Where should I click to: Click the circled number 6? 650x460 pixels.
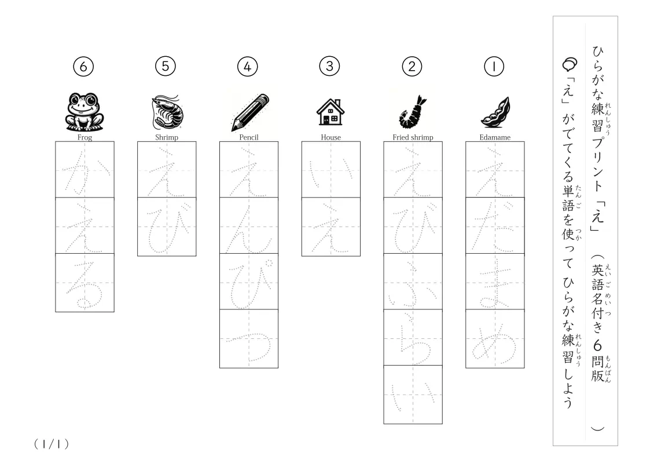click(x=83, y=67)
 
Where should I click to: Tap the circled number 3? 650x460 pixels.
click(x=329, y=67)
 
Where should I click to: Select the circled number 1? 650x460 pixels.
click(x=494, y=67)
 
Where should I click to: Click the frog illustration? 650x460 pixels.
click(x=85, y=112)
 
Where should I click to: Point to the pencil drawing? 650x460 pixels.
click(x=249, y=112)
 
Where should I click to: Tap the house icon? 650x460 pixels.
click(x=330, y=112)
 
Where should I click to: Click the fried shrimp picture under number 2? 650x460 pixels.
click(x=413, y=112)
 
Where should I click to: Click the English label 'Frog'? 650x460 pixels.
click(x=85, y=137)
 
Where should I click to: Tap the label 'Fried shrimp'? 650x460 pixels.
click(x=413, y=137)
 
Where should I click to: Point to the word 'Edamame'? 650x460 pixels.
click(x=495, y=137)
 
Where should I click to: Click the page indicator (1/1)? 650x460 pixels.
click(x=52, y=444)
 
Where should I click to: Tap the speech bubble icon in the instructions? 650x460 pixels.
click(x=570, y=64)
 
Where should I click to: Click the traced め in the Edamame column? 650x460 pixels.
click(x=494, y=341)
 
